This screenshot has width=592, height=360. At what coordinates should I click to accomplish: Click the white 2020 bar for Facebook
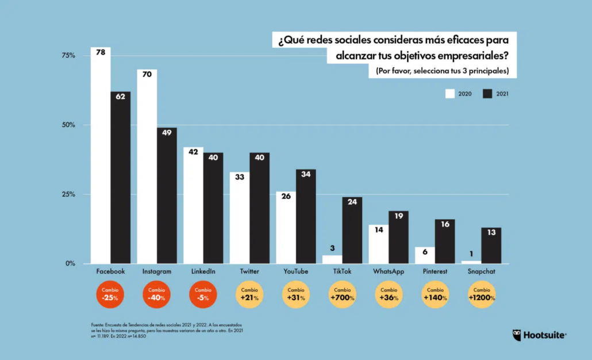tap(101, 155)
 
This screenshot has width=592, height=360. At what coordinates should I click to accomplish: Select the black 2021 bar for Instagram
tap(167, 196)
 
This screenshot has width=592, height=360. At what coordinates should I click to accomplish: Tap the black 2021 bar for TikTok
tap(352, 230)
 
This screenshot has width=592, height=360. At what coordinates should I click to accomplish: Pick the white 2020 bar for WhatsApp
tap(378, 244)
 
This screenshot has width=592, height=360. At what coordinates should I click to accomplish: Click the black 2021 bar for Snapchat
tap(491, 246)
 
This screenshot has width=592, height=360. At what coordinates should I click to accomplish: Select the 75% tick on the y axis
tap(68, 56)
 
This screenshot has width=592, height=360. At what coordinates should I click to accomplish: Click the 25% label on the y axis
tap(68, 194)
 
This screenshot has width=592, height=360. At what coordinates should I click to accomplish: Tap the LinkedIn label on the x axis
tap(203, 271)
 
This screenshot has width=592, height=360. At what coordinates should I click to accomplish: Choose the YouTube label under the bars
tap(296, 271)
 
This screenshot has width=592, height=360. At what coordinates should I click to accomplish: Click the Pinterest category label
tap(435, 271)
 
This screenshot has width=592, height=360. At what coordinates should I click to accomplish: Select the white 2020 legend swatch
tap(450, 94)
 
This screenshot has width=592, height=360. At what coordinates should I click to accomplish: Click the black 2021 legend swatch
tap(488, 94)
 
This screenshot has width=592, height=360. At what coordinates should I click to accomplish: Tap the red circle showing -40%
tap(157, 295)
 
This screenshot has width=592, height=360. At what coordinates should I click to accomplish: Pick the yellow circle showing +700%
tap(342, 295)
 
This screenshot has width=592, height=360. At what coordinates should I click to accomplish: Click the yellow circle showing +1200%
tap(481, 295)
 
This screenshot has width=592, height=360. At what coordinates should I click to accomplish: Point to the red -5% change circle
tap(203, 295)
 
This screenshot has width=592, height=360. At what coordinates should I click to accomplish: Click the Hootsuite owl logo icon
tap(517, 335)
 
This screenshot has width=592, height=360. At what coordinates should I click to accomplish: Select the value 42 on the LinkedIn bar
tap(193, 152)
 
